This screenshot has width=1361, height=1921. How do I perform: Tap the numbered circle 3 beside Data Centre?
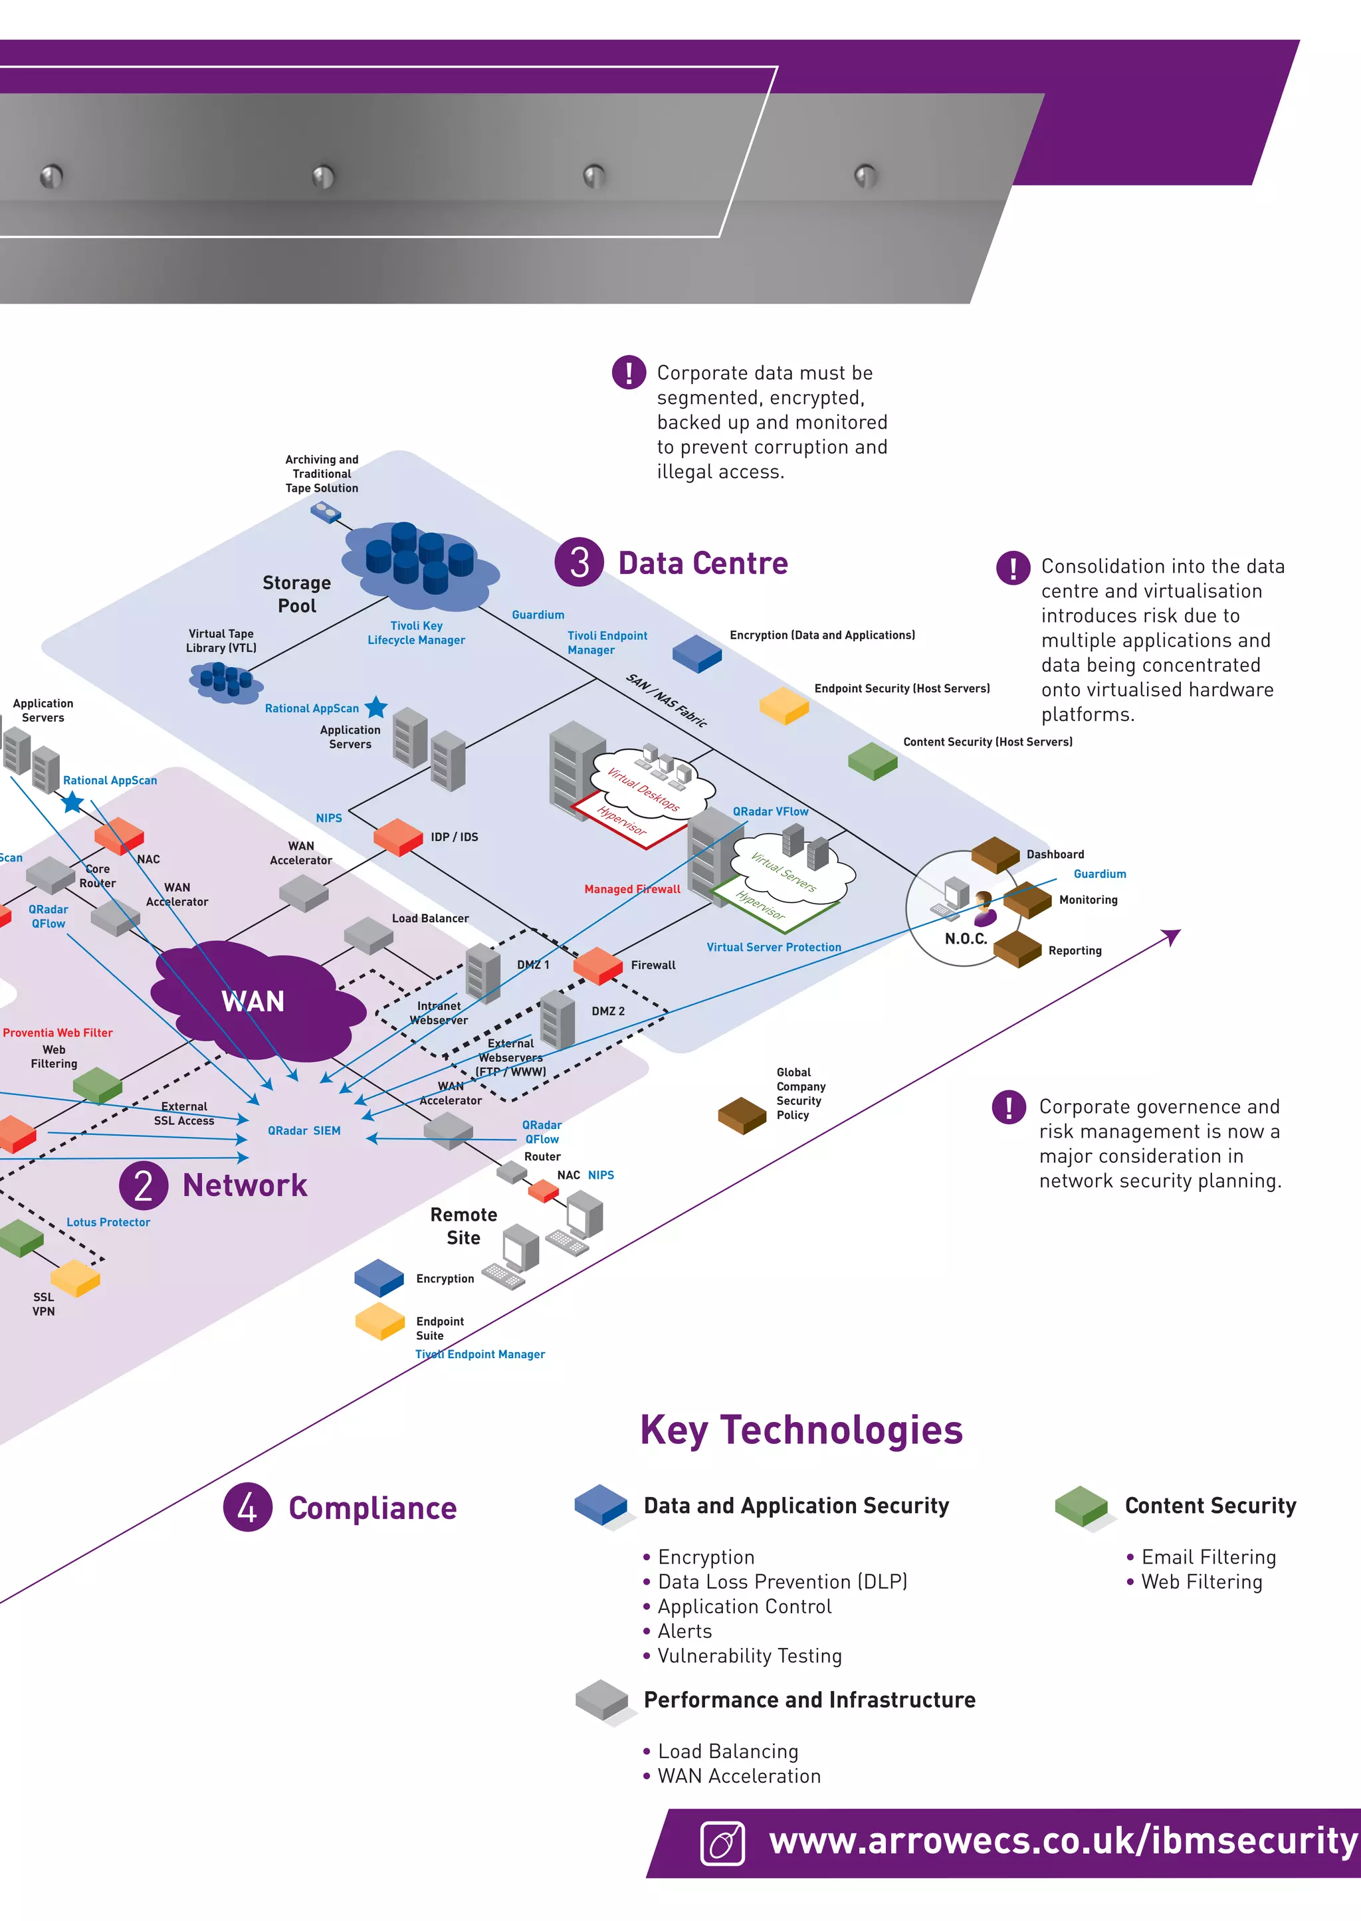[579, 562]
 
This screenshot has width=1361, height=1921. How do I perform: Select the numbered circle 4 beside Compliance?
[247, 1507]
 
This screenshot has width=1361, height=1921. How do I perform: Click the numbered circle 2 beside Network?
[144, 1185]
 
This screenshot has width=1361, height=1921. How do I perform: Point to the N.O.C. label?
[966, 939]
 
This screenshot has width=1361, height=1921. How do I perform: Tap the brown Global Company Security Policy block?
[742, 1115]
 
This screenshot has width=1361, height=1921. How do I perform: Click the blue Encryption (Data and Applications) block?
[696, 653]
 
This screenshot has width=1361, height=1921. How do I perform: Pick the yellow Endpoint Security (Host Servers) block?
[784, 706]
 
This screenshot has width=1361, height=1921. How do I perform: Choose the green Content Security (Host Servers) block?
[872, 761]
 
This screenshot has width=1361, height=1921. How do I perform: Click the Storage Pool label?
[296, 594]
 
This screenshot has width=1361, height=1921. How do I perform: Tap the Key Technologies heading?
[801, 1430]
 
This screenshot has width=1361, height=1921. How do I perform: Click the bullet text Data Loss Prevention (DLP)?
[782, 1581]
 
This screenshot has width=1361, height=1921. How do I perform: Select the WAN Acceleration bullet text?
[739, 1776]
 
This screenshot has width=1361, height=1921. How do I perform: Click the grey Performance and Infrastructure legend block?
[601, 1700]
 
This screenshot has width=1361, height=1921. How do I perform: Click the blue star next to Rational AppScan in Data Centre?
[376, 708]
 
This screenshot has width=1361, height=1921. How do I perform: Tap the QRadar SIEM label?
[304, 1131]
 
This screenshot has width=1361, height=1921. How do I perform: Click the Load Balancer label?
[430, 919]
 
